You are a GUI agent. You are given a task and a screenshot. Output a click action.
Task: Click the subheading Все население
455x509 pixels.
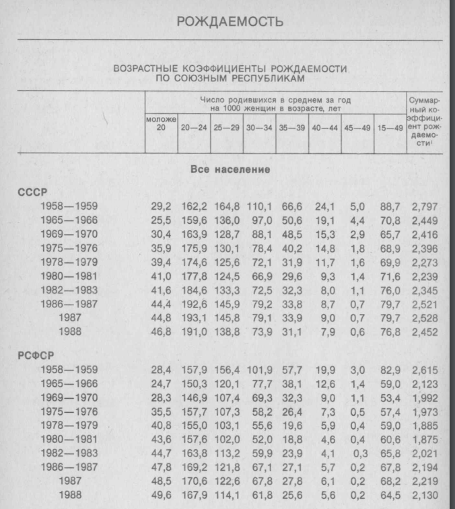[x=230, y=170]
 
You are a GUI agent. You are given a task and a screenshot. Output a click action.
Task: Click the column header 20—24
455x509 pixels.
[x=194, y=126]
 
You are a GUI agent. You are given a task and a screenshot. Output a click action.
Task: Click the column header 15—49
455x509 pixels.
[x=389, y=126]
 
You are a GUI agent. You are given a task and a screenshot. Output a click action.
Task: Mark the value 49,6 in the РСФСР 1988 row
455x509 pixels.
[x=161, y=496]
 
